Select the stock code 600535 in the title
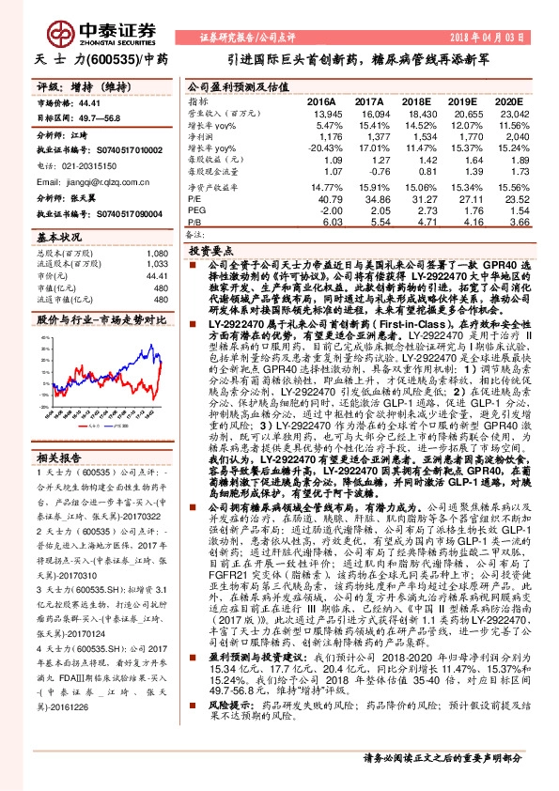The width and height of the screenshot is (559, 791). [x=111, y=58]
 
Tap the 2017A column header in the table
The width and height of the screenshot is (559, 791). [x=369, y=100]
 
